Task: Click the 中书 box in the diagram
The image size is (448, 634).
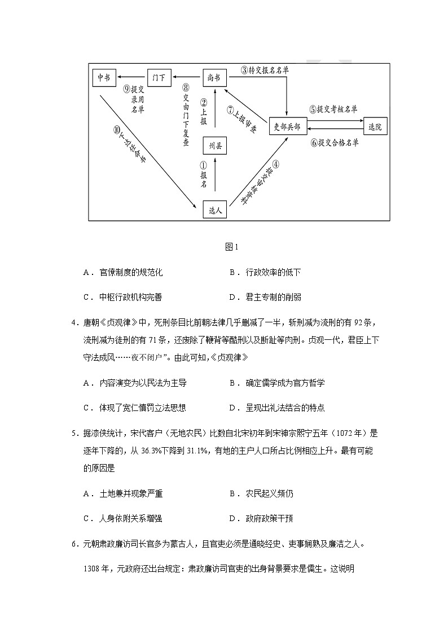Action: pyautogui.click(x=104, y=77)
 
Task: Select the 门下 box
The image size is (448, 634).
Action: pyautogui.click(x=159, y=77)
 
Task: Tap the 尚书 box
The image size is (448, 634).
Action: pyautogui.click(x=214, y=77)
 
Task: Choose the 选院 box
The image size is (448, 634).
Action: pyautogui.click(x=375, y=126)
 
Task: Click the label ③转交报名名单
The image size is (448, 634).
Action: pyautogui.click(x=265, y=71)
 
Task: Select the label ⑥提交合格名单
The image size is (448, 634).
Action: pyautogui.click(x=334, y=143)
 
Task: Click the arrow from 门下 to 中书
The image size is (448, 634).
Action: pyautogui.click(x=131, y=77)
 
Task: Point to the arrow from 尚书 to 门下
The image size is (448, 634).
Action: pyautogui.click(x=187, y=77)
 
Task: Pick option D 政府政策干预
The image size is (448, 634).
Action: pyautogui.click(x=269, y=518)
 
